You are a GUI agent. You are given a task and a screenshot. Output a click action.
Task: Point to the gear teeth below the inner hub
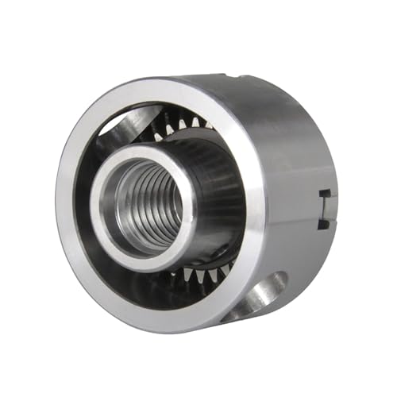pos(198,274)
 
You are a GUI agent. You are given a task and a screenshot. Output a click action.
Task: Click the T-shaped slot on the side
pos(324,208)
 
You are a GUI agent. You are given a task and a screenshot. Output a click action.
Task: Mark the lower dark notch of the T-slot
pos(324,225)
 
